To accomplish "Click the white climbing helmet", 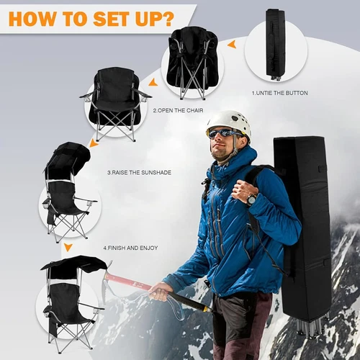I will [229, 121].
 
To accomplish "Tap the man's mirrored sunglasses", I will [225, 133].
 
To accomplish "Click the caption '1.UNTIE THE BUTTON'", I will [279, 93].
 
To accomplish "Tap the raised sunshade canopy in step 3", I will [68, 155].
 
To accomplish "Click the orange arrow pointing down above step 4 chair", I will [68, 247].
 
